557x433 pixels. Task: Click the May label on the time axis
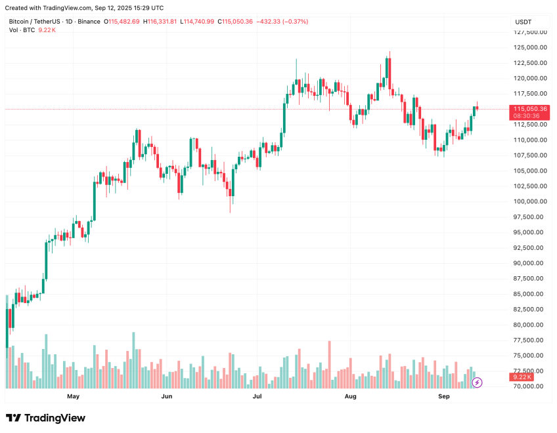tap(73, 397)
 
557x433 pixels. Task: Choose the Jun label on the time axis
tap(167, 397)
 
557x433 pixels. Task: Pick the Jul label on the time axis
tap(257, 397)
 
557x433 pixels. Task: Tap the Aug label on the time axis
tap(351, 397)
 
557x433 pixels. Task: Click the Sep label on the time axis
tap(443, 397)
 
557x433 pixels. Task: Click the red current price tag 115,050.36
tap(530, 109)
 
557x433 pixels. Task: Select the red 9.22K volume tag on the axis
tap(522, 377)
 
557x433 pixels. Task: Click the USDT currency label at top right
tap(523, 22)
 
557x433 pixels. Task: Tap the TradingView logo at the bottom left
tap(45, 418)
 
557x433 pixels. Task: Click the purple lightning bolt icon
tap(478, 382)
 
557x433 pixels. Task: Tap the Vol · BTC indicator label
tap(22, 31)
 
